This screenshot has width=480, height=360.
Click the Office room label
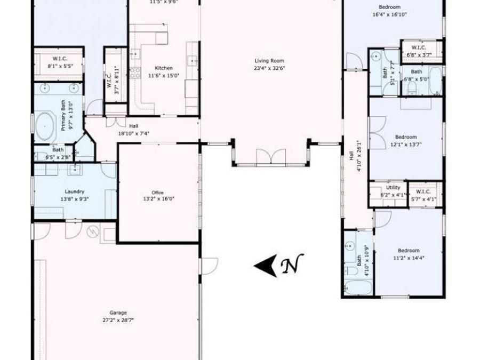[x=157, y=193]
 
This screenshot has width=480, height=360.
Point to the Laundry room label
[x=75, y=191]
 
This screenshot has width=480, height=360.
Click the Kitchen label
[x=164, y=68]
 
